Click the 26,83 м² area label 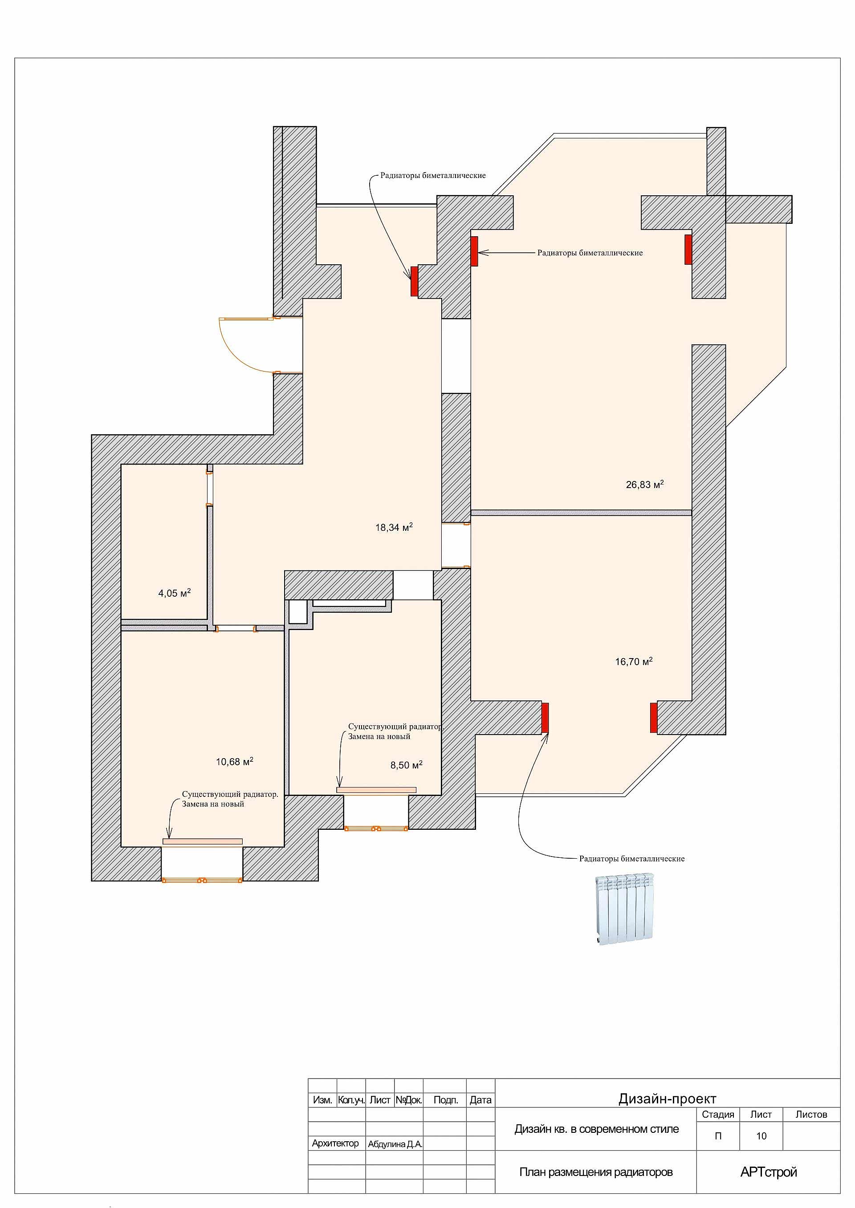[644, 484]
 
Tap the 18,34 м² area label [394, 527]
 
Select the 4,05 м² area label [174, 593]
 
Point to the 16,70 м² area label [634, 661]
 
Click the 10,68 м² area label [234, 761]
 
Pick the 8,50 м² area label [407, 764]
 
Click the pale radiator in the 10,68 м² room [203, 841]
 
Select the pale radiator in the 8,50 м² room [376, 790]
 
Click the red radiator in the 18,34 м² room [414, 281]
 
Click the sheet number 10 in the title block [761, 1136]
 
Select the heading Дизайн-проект [667, 1099]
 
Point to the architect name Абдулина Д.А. [395, 1144]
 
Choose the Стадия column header [718, 1115]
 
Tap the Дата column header [480, 1099]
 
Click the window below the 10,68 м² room [202, 880]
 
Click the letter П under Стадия [718, 1136]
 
